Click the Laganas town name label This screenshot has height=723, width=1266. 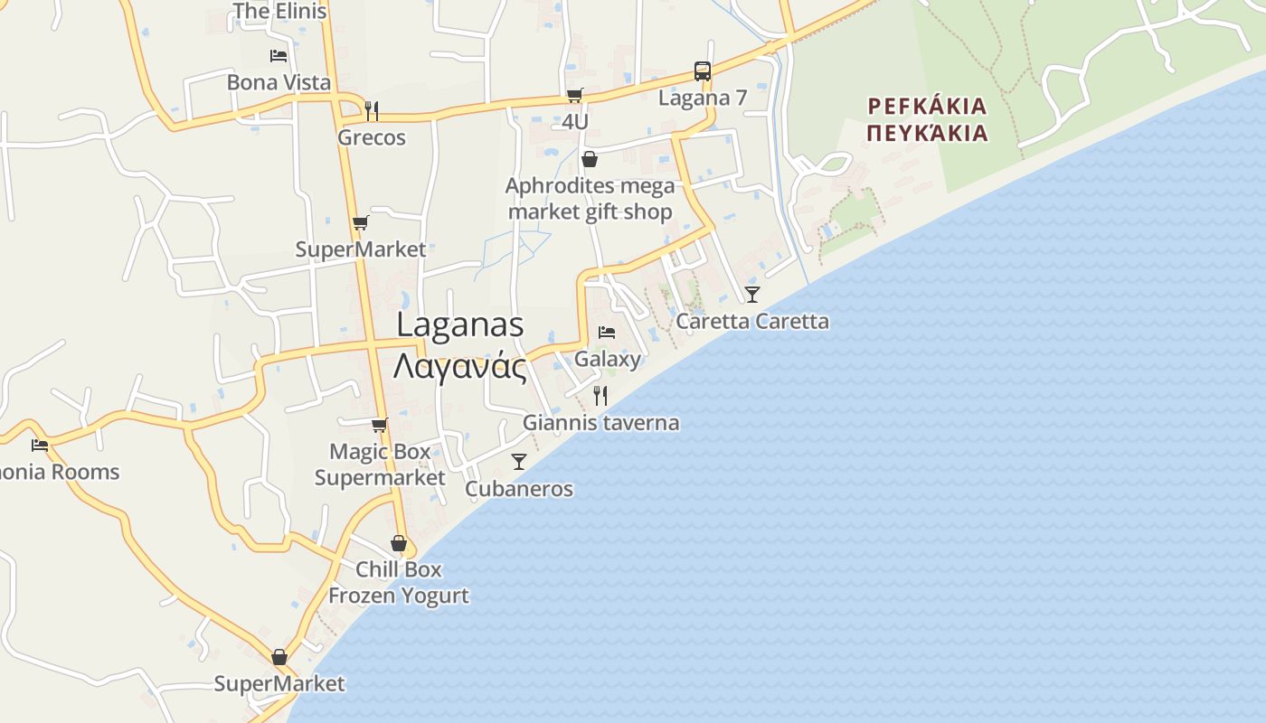460,325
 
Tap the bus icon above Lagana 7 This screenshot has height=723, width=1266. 703,71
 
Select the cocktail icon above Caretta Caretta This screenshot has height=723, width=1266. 752,295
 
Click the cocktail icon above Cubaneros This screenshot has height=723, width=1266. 519,462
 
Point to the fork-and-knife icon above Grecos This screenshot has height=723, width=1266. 371,111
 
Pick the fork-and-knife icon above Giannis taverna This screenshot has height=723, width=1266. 600,395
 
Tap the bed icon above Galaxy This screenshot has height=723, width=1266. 607,333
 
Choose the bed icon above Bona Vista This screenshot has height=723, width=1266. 279,56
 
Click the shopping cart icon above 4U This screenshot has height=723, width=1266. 574,95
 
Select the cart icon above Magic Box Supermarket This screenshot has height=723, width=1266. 380,425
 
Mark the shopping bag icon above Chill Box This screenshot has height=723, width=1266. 399,543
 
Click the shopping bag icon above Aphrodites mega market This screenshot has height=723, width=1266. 590,160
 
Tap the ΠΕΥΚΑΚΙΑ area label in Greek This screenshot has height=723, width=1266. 926,134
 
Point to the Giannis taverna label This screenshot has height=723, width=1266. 600,422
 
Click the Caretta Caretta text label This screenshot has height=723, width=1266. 752,321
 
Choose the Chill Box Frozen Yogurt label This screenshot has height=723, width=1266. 399,582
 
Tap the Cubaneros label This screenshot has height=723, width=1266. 519,489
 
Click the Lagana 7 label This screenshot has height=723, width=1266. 703,98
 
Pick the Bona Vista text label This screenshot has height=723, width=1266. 279,82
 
